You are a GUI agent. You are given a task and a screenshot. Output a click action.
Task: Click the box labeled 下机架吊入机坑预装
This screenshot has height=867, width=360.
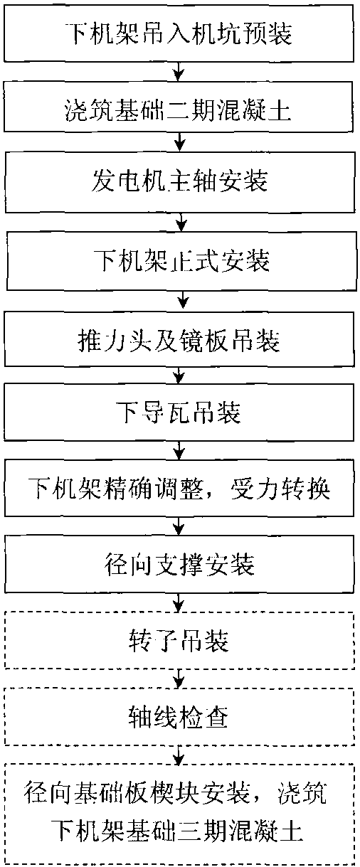click(179, 33)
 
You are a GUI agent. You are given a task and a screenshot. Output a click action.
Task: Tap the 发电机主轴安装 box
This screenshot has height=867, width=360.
click(180, 182)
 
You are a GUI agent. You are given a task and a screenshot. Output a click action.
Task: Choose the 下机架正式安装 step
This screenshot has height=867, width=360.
click(181, 261)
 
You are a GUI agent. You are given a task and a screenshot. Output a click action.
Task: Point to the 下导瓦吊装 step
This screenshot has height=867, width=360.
click(179, 412)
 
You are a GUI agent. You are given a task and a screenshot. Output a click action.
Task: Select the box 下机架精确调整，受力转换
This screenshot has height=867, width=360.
click(179, 488)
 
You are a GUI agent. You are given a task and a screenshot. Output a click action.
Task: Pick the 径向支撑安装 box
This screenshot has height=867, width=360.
click(179, 564)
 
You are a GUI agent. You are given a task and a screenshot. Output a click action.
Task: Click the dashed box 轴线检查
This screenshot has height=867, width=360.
click(179, 717)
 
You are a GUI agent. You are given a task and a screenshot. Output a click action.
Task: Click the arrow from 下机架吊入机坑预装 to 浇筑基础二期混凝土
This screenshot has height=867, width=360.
click(179, 72)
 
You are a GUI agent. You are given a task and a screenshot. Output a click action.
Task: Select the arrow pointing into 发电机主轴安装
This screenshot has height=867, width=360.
click(179, 142)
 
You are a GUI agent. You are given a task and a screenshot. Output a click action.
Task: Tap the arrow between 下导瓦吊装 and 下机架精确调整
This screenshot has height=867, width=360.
click(179, 450)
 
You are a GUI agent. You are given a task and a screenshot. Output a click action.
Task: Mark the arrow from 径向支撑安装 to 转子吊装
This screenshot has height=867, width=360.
click(179, 602)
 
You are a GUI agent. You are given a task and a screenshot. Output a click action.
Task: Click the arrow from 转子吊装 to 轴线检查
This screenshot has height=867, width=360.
click(179, 679)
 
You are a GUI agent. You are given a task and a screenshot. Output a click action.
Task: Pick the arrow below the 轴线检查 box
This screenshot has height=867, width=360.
click(179, 755)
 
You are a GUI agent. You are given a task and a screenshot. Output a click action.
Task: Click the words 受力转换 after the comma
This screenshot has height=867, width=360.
click(280, 489)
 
